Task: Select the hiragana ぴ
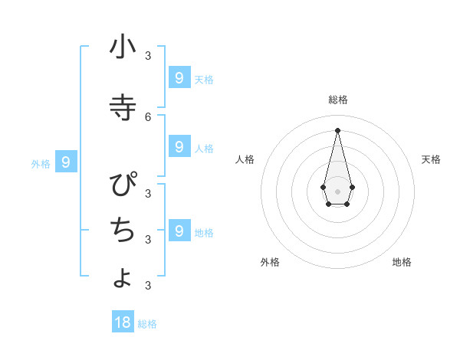pyautogui.click(x=123, y=186)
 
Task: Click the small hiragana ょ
pyautogui.click(x=123, y=277)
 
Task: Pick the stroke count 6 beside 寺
pyautogui.click(x=148, y=116)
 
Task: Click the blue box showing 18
pyautogui.click(x=123, y=322)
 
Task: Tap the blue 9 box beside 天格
pyautogui.click(x=179, y=77)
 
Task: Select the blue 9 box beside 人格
pyautogui.click(x=179, y=146)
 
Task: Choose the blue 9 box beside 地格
pyautogui.click(x=179, y=230)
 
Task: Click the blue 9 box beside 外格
pyautogui.click(x=66, y=162)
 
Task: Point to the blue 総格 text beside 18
pyautogui.click(x=147, y=324)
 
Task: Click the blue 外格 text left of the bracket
pyautogui.click(x=41, y=164)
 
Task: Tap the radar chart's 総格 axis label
pyautogui.click(x=337, y=100)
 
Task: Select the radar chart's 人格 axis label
pyautogui.click(x=245, y=159)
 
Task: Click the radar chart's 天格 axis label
pyautogui.click(x=431, y=159)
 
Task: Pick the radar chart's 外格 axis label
pyautogui.click(x=270, y=262)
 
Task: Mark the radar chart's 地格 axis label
pyautogui.click(x=402, y=262)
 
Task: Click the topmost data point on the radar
pyautogui.click(x=337, y=129)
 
